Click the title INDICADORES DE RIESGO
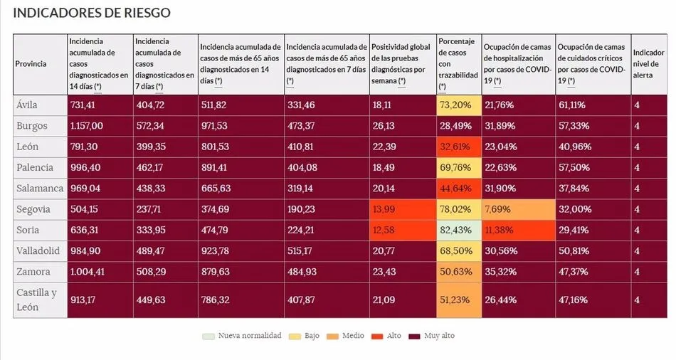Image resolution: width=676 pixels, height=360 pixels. tap(92, 14)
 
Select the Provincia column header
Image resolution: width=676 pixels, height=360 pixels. tap(31, 64)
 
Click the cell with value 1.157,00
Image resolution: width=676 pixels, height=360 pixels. tap(87, 126)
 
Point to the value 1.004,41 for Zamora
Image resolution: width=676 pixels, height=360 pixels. tap(87, 271)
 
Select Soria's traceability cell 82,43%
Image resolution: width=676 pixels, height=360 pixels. tap(455, 230)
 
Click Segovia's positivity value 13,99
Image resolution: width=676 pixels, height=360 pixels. tap(382, 209)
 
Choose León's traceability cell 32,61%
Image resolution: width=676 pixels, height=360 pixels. tap(455, 147)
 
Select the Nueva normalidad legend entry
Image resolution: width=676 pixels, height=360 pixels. tap(249, 335)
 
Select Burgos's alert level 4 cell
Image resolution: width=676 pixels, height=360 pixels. tap(638, 126)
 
